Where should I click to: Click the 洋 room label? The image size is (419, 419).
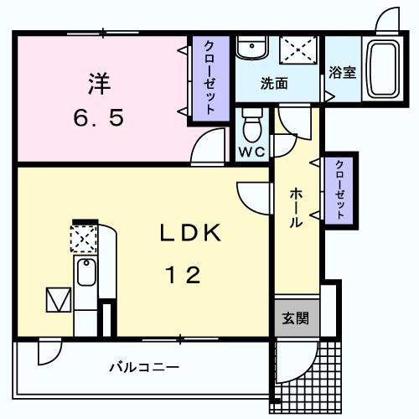tap(99, 83)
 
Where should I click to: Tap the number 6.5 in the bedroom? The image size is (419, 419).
tap(98, 117)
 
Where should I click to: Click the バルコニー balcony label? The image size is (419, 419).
tap(143, 367)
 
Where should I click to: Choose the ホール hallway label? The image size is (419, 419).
tap(297, 209)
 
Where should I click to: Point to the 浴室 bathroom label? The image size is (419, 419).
tap(342, 73)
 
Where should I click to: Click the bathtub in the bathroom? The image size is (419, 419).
tap(384, 69)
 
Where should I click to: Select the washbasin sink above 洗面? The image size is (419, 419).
tap(249, 49)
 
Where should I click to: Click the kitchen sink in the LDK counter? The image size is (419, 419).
tap(85, 274)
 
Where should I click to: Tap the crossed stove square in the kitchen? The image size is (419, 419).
tap(84, 240)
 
